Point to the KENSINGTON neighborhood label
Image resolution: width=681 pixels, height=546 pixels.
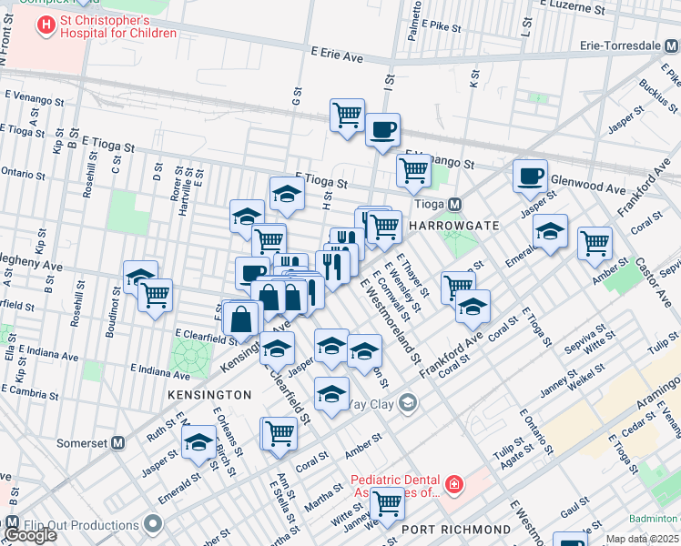pos(209,395)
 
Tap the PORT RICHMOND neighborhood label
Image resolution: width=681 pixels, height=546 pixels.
pos(455,529)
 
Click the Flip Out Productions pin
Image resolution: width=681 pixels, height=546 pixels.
pos(153,524)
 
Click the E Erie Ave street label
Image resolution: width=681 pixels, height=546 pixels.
pos(336,56)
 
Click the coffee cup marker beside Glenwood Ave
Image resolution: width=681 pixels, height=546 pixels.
pos(530,177)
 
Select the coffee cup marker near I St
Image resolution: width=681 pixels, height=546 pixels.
pos(383,129)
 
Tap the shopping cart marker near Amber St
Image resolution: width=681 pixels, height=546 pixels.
pos(595,242)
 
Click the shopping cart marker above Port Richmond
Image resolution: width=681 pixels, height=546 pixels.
pos(388,501)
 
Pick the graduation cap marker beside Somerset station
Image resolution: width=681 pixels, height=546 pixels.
pos(198,443)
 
